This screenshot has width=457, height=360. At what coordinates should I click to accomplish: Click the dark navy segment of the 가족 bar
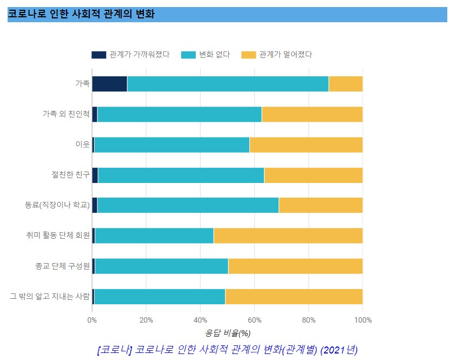109,84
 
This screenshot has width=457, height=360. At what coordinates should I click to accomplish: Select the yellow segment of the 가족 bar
346,84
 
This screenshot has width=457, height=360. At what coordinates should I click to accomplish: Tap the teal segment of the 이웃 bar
171,145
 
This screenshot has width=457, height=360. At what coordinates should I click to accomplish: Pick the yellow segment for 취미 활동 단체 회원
288,235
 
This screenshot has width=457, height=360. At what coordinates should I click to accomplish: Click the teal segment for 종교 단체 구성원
161,266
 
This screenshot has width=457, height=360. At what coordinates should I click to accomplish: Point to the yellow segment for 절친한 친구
313,175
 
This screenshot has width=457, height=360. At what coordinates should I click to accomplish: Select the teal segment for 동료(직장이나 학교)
188,206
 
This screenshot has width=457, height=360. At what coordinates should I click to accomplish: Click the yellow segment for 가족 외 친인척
312,114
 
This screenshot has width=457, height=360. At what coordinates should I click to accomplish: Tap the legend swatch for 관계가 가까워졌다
99,55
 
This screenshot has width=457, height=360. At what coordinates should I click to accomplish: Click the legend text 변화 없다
215,55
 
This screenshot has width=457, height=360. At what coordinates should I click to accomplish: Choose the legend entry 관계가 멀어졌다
286,55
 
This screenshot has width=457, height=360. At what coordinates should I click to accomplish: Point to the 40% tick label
200,320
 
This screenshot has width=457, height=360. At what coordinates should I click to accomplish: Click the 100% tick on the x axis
362,320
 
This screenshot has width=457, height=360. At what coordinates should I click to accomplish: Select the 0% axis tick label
92,320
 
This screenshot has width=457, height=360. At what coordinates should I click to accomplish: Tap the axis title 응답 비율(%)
228,333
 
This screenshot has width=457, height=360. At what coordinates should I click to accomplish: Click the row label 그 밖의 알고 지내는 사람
50,296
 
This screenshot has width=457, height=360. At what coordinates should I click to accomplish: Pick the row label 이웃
82,145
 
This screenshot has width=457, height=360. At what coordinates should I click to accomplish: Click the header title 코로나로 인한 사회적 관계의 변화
81,15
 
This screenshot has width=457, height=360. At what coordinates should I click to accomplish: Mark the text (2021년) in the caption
339,349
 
